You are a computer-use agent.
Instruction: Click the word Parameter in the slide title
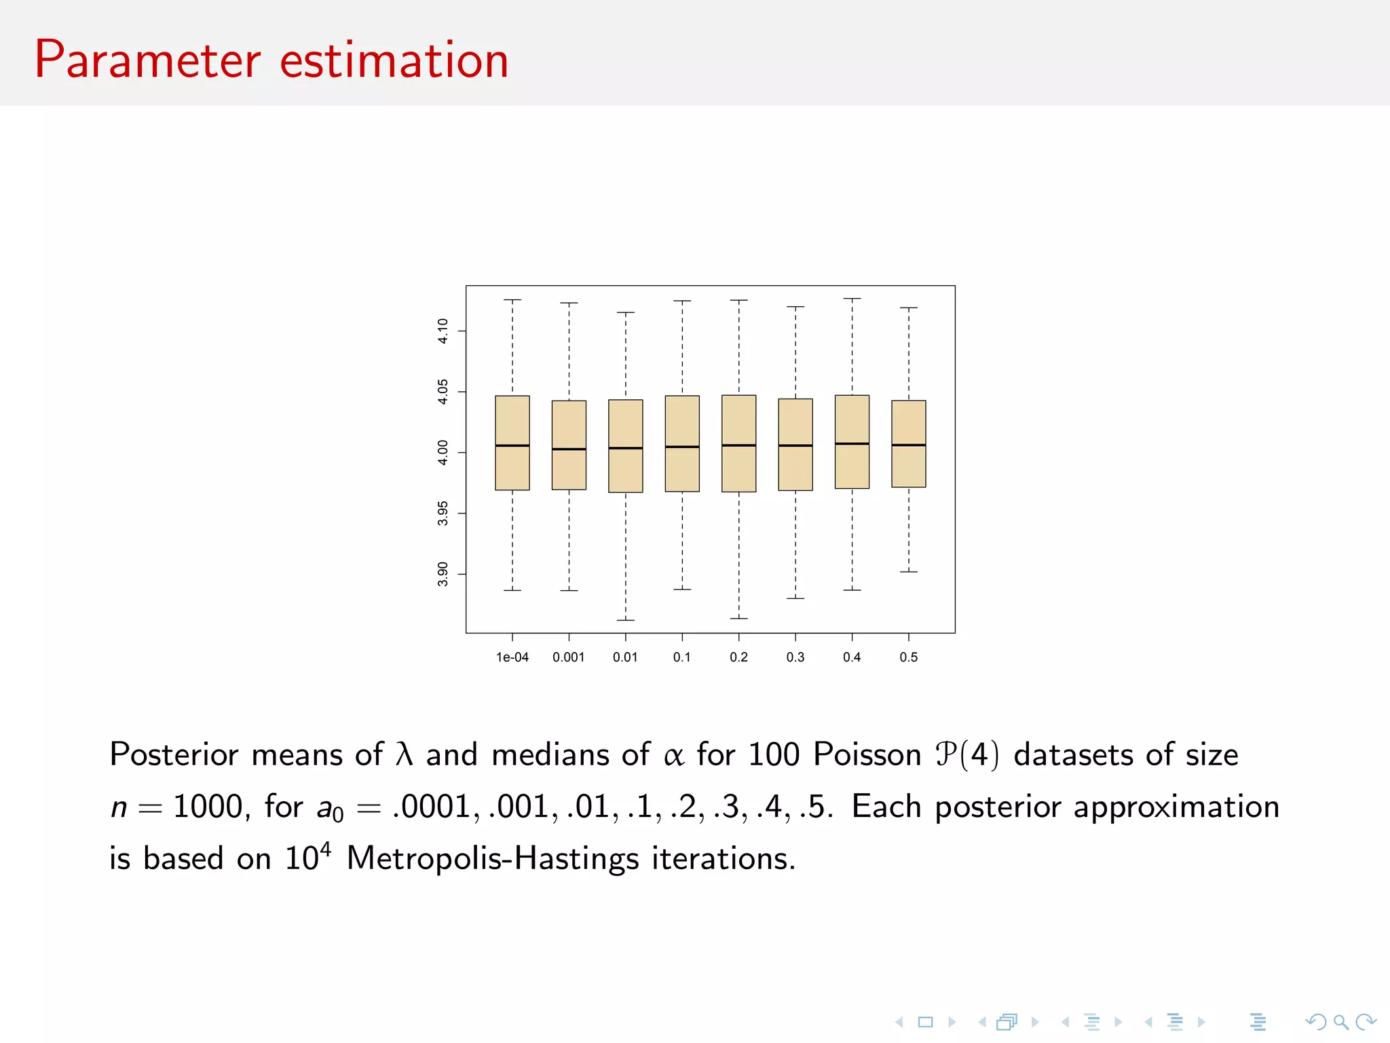coord(147,61)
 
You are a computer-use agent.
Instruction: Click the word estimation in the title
coord(394,61)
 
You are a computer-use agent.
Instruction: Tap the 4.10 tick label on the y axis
coord(443,331)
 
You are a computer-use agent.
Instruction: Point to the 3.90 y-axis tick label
coord(443,574)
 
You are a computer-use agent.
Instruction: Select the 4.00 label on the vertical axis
coord(443,452)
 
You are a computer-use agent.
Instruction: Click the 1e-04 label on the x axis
coord(512,657)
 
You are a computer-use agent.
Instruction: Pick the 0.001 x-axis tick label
coord(568,657)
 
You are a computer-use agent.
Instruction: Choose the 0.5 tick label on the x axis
coord(908,657)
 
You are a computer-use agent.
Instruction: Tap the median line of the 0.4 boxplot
coord(852,443)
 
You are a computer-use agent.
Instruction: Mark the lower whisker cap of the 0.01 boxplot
coord(625,620)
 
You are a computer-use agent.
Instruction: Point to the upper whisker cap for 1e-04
coord(512,299)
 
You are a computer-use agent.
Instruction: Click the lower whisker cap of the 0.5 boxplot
coord(908,572)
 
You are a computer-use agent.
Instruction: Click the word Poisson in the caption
coord(867,755)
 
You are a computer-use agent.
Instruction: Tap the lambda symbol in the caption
coord(404,754)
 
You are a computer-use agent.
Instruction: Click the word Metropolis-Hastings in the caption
coord(493,859)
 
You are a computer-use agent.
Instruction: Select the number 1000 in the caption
coord(208,807)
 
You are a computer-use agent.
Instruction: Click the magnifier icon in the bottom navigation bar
coord(1340,1022)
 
